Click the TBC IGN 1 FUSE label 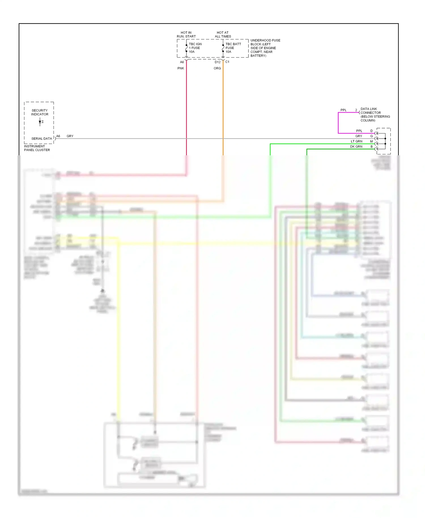195,48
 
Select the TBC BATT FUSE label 233,48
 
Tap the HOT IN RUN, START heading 186,35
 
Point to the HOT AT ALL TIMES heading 223,35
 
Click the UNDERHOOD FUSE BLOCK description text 265,48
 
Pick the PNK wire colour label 181,68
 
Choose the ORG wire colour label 217,68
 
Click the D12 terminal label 217,62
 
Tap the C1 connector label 227,62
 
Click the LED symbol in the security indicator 41,122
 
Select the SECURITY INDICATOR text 40,112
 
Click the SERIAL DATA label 42,139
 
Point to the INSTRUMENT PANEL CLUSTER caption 37,148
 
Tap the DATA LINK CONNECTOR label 375,114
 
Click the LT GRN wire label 356,141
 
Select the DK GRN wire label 356,147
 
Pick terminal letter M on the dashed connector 371,141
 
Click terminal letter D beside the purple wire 371,131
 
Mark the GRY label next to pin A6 70,136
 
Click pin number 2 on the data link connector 356,110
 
